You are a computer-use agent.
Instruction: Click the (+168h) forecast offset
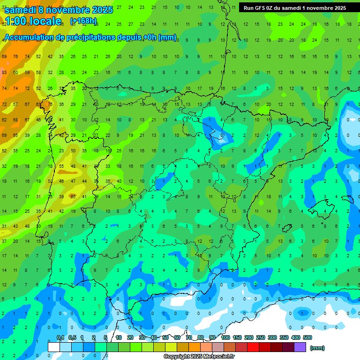coord(83,21)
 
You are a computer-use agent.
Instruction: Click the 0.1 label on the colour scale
coord(60,337)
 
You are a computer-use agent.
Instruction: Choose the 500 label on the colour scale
coord(307,337)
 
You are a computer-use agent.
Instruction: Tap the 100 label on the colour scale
coord(225,337)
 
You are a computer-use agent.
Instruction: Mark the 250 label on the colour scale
coord(261,337)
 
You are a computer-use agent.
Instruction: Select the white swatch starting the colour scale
coord(54,347)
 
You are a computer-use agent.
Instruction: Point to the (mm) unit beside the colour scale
coord(317,348)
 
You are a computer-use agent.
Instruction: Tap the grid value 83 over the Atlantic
coord(4,73)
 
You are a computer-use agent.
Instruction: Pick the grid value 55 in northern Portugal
coord(61,166)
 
